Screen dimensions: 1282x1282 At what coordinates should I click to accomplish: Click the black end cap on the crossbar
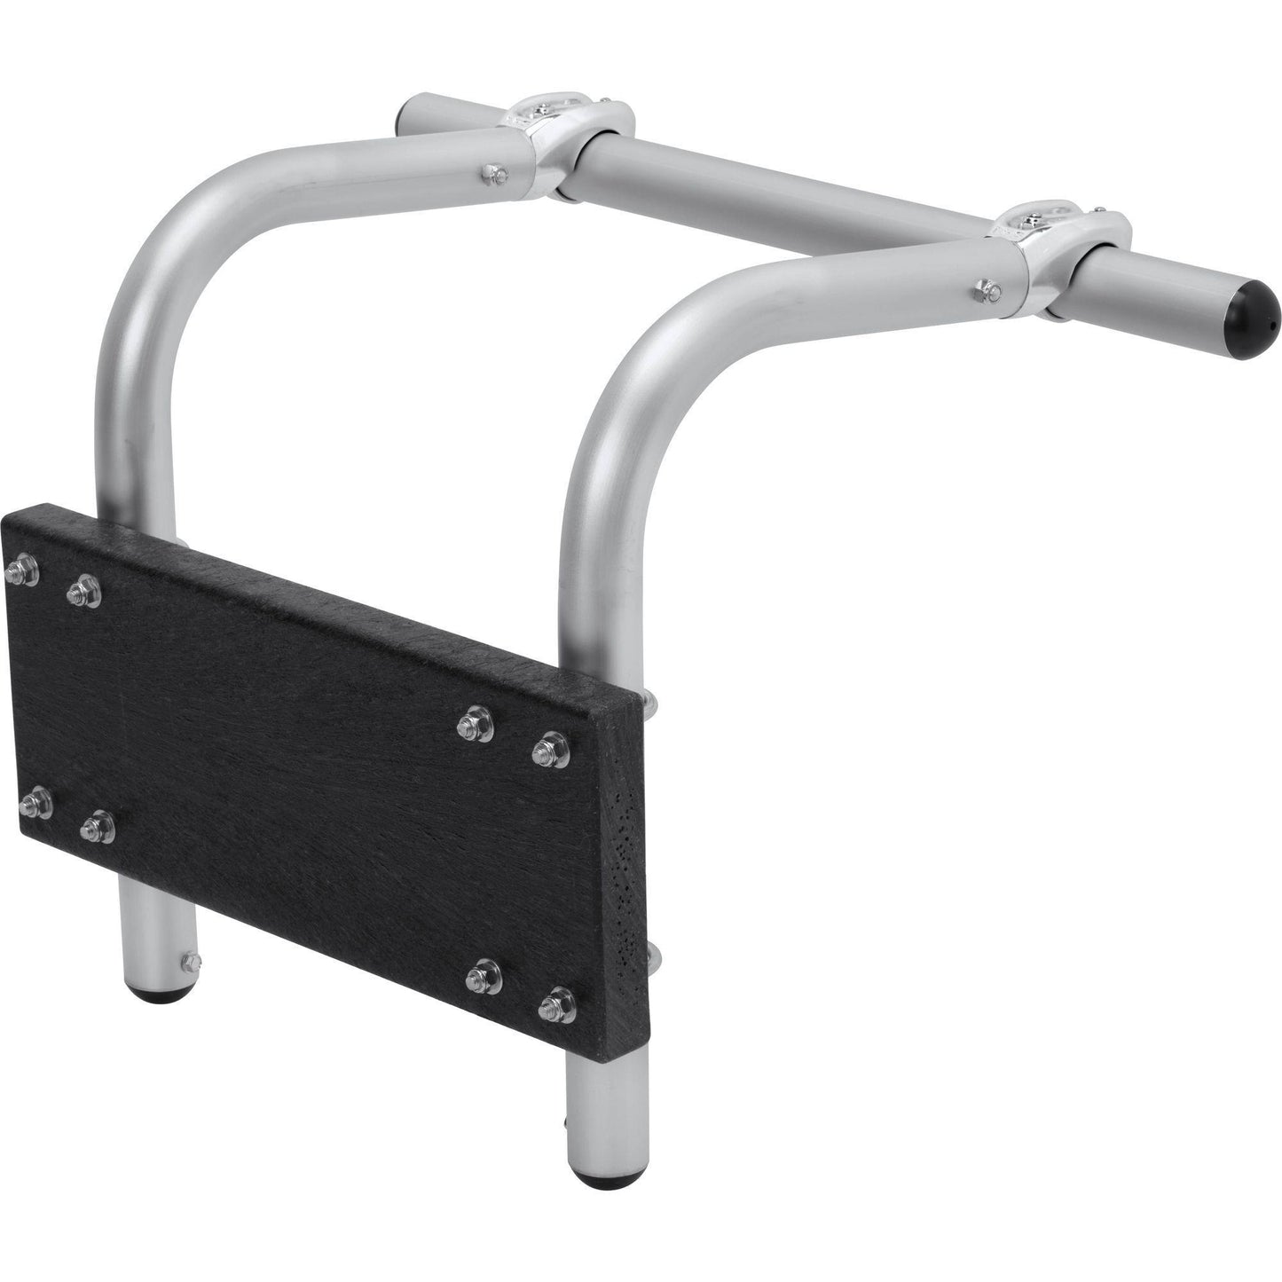pos(1252,309)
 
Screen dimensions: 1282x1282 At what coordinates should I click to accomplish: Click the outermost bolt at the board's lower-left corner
pos(34,804)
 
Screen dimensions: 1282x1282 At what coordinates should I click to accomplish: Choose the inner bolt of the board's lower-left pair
pos(97,829)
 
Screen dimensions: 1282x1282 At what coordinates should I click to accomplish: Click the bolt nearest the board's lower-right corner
pos(557,1003)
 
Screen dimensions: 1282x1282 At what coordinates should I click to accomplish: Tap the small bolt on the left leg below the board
pos(188,957)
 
